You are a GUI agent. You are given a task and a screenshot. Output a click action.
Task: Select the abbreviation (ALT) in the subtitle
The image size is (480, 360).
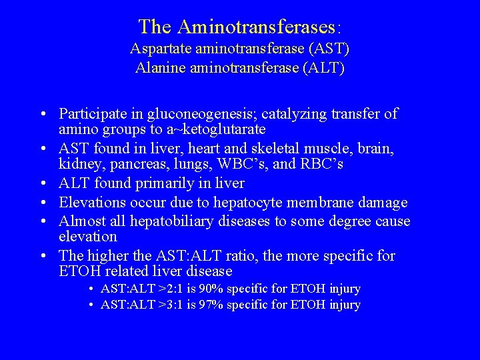(x=325, y=68)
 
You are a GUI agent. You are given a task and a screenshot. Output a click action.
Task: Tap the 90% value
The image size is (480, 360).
(x=214, y=289)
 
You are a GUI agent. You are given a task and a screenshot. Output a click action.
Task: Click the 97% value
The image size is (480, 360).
(x=214, y=305)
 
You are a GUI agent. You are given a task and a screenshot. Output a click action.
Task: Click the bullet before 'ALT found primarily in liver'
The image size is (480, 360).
(x=41, y=183)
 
